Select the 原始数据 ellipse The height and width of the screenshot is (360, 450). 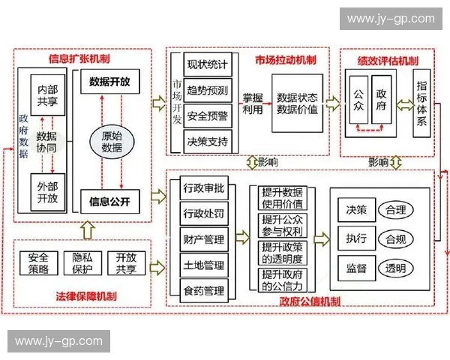112,142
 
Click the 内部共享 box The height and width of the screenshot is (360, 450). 46,95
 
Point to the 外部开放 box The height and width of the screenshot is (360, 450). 46,193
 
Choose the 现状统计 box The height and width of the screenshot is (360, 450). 207,64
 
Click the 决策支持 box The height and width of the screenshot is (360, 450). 207,140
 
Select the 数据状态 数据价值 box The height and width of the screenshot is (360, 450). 296,103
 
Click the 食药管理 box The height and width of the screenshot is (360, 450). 203,289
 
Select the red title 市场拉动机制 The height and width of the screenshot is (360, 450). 284,59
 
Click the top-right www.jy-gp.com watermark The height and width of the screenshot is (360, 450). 391,18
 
